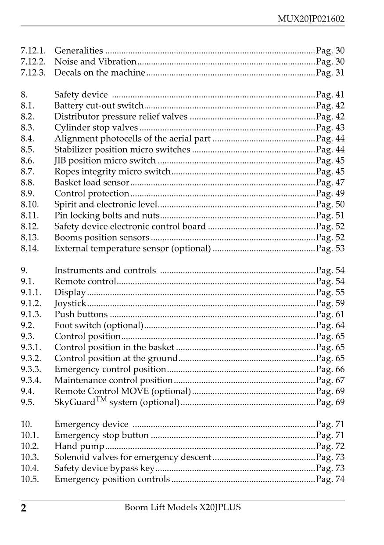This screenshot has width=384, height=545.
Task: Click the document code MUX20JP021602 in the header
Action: [x=311, y=19]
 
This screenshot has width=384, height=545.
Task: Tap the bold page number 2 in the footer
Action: [x=24, y=509]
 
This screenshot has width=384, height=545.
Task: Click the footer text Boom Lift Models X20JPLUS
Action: [x=183, y=508]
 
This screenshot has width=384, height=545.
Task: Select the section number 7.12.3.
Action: [x=33, y=73]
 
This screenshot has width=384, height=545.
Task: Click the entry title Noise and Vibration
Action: [x=95, y=62]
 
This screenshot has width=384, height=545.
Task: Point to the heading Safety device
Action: [x=81, y=94]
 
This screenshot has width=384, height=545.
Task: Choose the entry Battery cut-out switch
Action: [x=99, y=105]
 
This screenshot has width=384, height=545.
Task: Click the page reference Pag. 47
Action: [x=330, y=182]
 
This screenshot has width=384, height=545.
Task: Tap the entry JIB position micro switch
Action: [x=105, y=160]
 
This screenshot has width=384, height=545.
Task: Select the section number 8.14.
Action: [x=30, y=248]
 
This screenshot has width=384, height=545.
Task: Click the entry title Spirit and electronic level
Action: [x=105, y=204]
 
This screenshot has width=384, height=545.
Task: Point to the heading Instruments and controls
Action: [x=105, y=270]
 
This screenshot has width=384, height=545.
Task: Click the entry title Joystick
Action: [x=70, y=303]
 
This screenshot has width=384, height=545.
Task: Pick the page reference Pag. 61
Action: [x=330, y=314]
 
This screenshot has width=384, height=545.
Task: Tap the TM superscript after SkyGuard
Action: [x=101, y=400]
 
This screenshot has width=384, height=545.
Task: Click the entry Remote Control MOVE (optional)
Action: [x=122, y=391]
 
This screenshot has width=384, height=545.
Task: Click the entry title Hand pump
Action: [x=79, y=447]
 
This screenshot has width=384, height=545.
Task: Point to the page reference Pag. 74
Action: [x=330, y=479]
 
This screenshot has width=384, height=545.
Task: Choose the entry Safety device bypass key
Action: [x=104, y=468]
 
